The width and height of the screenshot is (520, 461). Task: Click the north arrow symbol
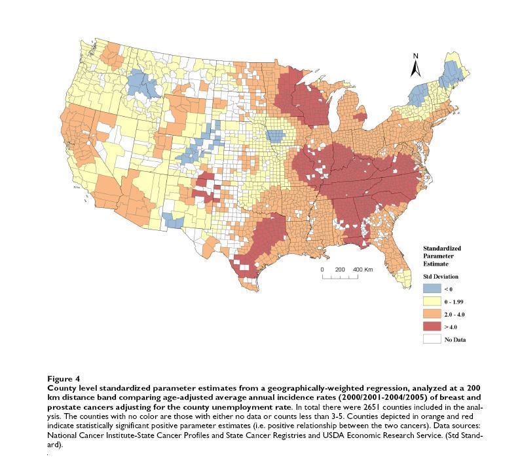pos(415,68)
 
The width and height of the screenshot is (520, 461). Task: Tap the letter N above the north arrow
pos(415,56)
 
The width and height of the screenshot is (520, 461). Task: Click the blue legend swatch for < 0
pos(431,289)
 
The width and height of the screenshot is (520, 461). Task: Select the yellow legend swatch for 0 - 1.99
pos(431,302)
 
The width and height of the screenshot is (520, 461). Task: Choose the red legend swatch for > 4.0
pos(431,327)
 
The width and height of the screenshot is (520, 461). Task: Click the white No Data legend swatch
pos(431,339)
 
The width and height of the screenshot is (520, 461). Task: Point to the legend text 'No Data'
pos(455,340)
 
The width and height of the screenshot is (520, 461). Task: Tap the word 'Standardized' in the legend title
pos(442,249)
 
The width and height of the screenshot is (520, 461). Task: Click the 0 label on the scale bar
pos(322,270)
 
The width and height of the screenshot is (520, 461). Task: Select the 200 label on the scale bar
pos(340,270)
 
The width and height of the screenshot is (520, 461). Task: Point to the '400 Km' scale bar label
pos(363,270)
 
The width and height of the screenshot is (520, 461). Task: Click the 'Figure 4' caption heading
pos(64,378)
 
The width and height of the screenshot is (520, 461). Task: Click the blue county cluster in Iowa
pos(276,136)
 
